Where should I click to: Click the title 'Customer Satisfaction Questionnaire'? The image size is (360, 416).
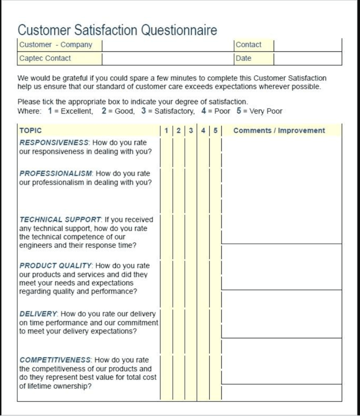point(117,30)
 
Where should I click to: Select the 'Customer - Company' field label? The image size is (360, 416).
point(56,45)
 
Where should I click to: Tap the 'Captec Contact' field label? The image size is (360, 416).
point(45,58)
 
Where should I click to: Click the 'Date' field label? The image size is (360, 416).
point(243,58)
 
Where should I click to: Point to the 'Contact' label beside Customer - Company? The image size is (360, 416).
point(249,45)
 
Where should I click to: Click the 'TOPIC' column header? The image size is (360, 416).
point(30,130)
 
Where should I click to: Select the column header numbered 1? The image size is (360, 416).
point(167,130)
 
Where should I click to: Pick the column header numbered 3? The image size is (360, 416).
point(191,130)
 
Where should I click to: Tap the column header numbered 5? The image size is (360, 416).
point(215,130)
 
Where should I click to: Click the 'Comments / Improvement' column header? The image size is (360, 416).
point(279,130)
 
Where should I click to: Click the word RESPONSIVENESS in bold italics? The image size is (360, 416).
point(54,143)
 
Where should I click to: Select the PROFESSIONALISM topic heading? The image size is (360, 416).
point(56,173)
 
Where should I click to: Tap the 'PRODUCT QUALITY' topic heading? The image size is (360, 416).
point(56,266)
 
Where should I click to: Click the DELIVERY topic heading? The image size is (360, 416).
point(38,314)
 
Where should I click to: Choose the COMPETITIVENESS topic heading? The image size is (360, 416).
point(56,360)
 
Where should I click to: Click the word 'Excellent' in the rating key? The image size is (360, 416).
point(76,111)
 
